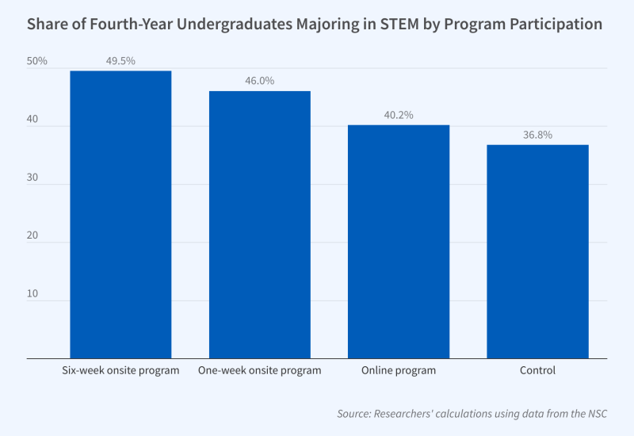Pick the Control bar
click(537, 251)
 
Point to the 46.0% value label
click(259, 80)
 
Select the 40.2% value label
click(399, 114)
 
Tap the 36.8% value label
click(537, 134)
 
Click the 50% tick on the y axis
click(37, 61)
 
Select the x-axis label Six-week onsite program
click(120, 370)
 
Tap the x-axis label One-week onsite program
click(259, 370)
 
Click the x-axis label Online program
click(399, 370)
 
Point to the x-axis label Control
click(537, 370)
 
